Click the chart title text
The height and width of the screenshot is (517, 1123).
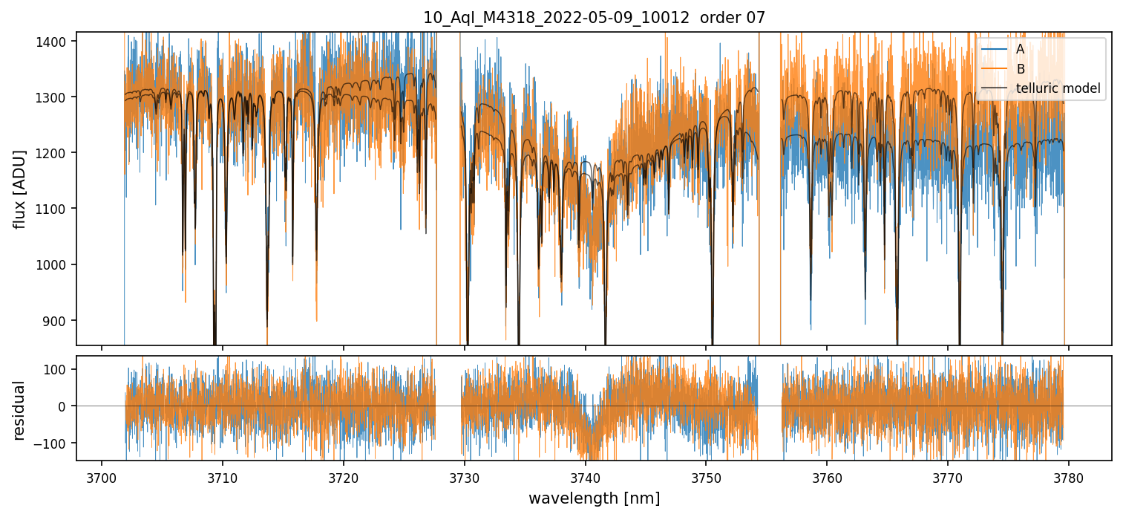[x=594, y=17]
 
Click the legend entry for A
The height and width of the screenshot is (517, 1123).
[x=1020, y=49]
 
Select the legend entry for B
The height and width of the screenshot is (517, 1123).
[x=1020, y=69]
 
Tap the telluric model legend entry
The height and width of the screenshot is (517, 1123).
[x=1058, y=89]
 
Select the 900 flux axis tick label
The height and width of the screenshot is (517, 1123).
[x=60, y=320]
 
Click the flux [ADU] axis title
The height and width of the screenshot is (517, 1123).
[x=20, y=189]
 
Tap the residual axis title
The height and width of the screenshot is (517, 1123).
[x=20, y=409]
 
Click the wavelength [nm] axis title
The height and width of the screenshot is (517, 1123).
[x=594, y=498]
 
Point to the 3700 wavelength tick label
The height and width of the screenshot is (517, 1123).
[x=102, y=477]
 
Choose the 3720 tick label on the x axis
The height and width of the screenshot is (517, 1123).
[x=344, y=477]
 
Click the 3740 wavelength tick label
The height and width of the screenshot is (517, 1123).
[x=586, y=477]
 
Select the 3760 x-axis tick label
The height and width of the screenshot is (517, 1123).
[x=827, y=477]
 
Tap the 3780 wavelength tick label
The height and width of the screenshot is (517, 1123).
[x=1069, y=477]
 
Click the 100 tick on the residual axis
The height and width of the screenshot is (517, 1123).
[x=60, y=369]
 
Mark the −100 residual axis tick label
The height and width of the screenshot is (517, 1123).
[x=56, y=443]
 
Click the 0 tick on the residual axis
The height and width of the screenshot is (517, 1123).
[x=66, y=406]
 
